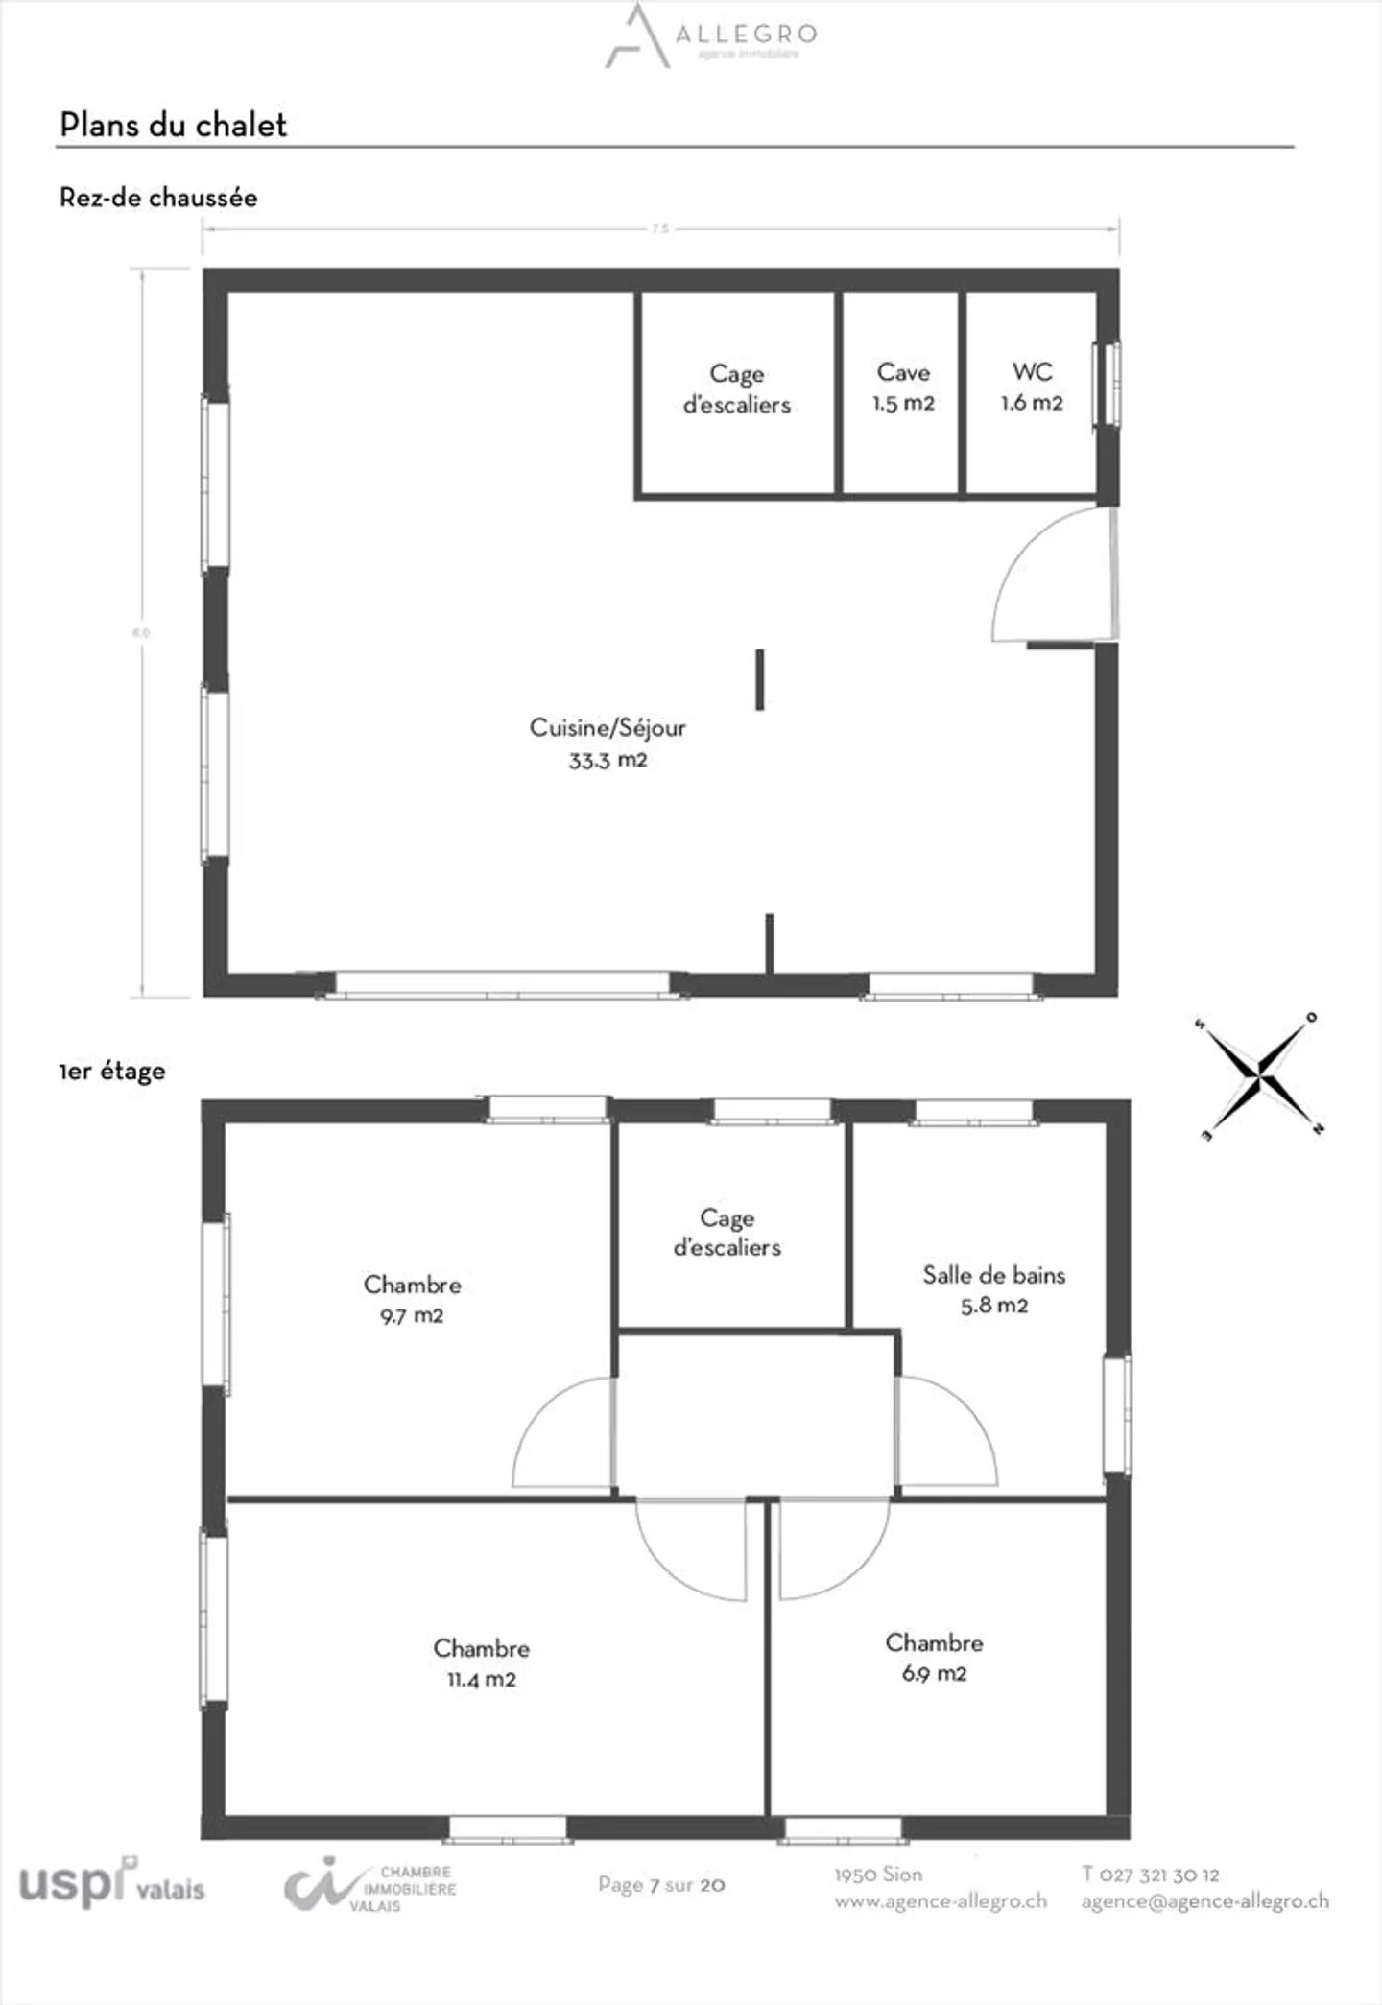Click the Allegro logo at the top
(710, 36)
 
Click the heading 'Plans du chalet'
(173, 125)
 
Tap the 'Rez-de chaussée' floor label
(158, 198)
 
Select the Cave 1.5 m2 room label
(903, 388)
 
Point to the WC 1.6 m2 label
(1032, 388)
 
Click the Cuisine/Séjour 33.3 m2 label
(608, 743)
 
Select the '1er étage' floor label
(112, 1072)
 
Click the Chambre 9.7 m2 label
(412, 1300)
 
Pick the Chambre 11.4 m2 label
(481, 1663)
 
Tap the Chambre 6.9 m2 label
(934, 1658)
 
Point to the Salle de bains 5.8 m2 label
(994, 1289)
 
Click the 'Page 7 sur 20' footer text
(661, 1885)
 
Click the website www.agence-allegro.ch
(941, 1900)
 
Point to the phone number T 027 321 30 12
(1150, 1875)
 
